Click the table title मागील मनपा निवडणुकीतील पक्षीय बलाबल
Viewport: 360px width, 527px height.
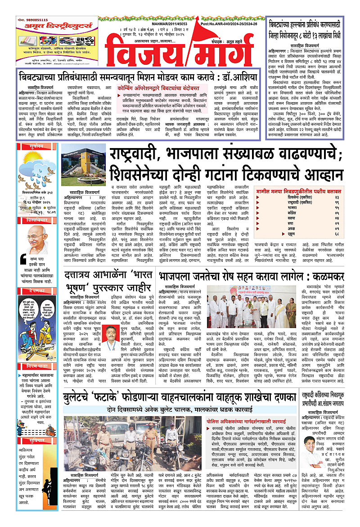[306, 191]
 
